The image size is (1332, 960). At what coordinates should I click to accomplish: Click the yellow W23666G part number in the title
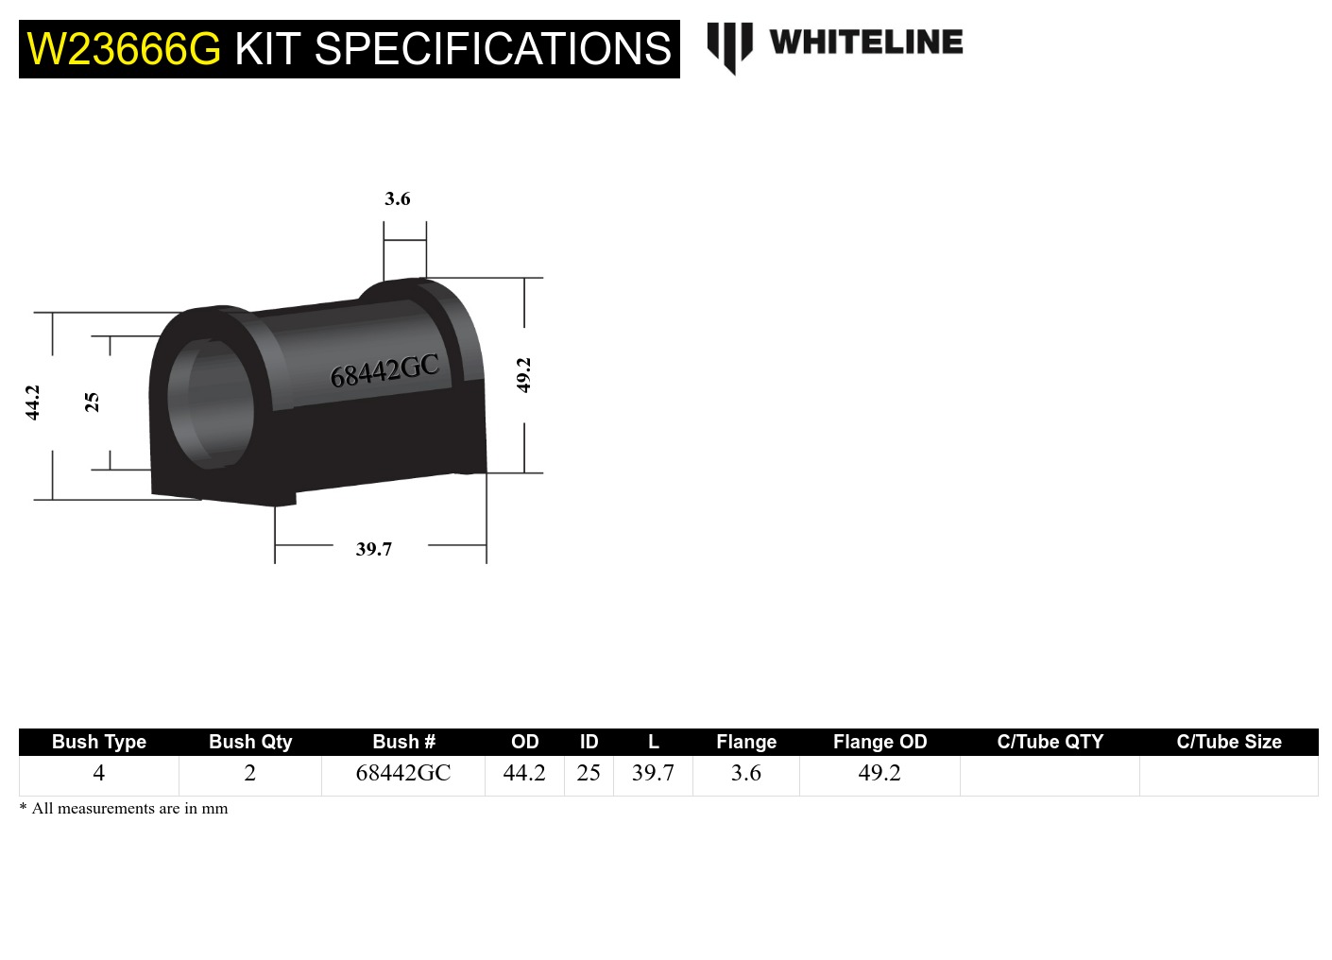click(x=124, y=49)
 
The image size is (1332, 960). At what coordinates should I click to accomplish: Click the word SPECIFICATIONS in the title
click(x=492, y=49)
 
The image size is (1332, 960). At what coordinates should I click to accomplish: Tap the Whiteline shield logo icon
click(x=729, y=46)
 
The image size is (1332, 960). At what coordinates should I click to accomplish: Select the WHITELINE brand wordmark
click(x=865, y=43)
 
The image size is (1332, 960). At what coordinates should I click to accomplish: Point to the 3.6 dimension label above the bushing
click(x=398, y=199)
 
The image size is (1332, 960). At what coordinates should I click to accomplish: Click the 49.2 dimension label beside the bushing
click(x=523, y=375)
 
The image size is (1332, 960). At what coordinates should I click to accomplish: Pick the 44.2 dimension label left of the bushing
click(x=33, y=403)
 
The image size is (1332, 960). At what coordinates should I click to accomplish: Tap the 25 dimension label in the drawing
click(x=92, y=403)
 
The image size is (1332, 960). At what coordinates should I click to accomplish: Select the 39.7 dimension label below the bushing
click(x=374, y=549)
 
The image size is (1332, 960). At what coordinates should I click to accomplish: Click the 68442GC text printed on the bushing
click(x=384, y=371)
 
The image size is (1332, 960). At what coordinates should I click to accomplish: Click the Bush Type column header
click(x=99, y=742)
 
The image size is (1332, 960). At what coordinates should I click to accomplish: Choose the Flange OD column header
click(x=879, y=742)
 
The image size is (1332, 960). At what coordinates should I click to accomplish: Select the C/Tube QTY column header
click(x=1050, y=742)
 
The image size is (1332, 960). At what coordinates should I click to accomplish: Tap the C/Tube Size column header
click(x=1228, y=742)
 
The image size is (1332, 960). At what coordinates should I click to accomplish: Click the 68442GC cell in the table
click(x=403, y=773)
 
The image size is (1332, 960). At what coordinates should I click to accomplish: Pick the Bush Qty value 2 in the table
click(x=250, y=773)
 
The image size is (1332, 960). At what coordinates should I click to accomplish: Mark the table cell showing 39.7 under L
click(x=653, y=773)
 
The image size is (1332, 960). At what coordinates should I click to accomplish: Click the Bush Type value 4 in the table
click(x=99, y=773)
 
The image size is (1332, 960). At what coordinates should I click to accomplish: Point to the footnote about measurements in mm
click(x=124, y=809)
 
